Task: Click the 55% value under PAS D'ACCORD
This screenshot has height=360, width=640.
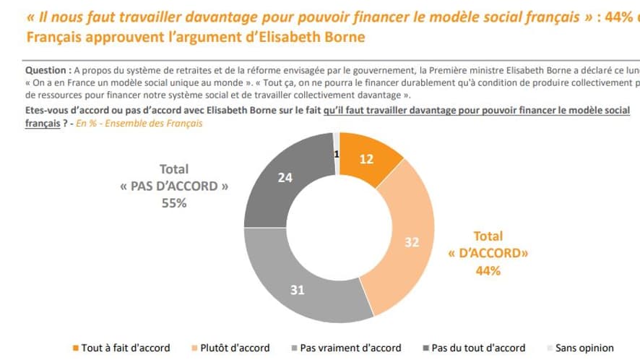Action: tap(173, 203)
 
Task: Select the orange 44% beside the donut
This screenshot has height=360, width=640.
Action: tap(488, 270)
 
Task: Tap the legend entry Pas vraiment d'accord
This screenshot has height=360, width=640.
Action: tap(350, 348)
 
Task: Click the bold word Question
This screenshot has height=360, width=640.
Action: tap(48, 71)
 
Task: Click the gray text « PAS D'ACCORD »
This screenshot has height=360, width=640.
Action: tap(173, 186)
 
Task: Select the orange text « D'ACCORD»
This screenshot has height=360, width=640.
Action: tap(488, 253)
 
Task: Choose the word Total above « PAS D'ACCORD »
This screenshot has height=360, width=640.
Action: tap(173, 168)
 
